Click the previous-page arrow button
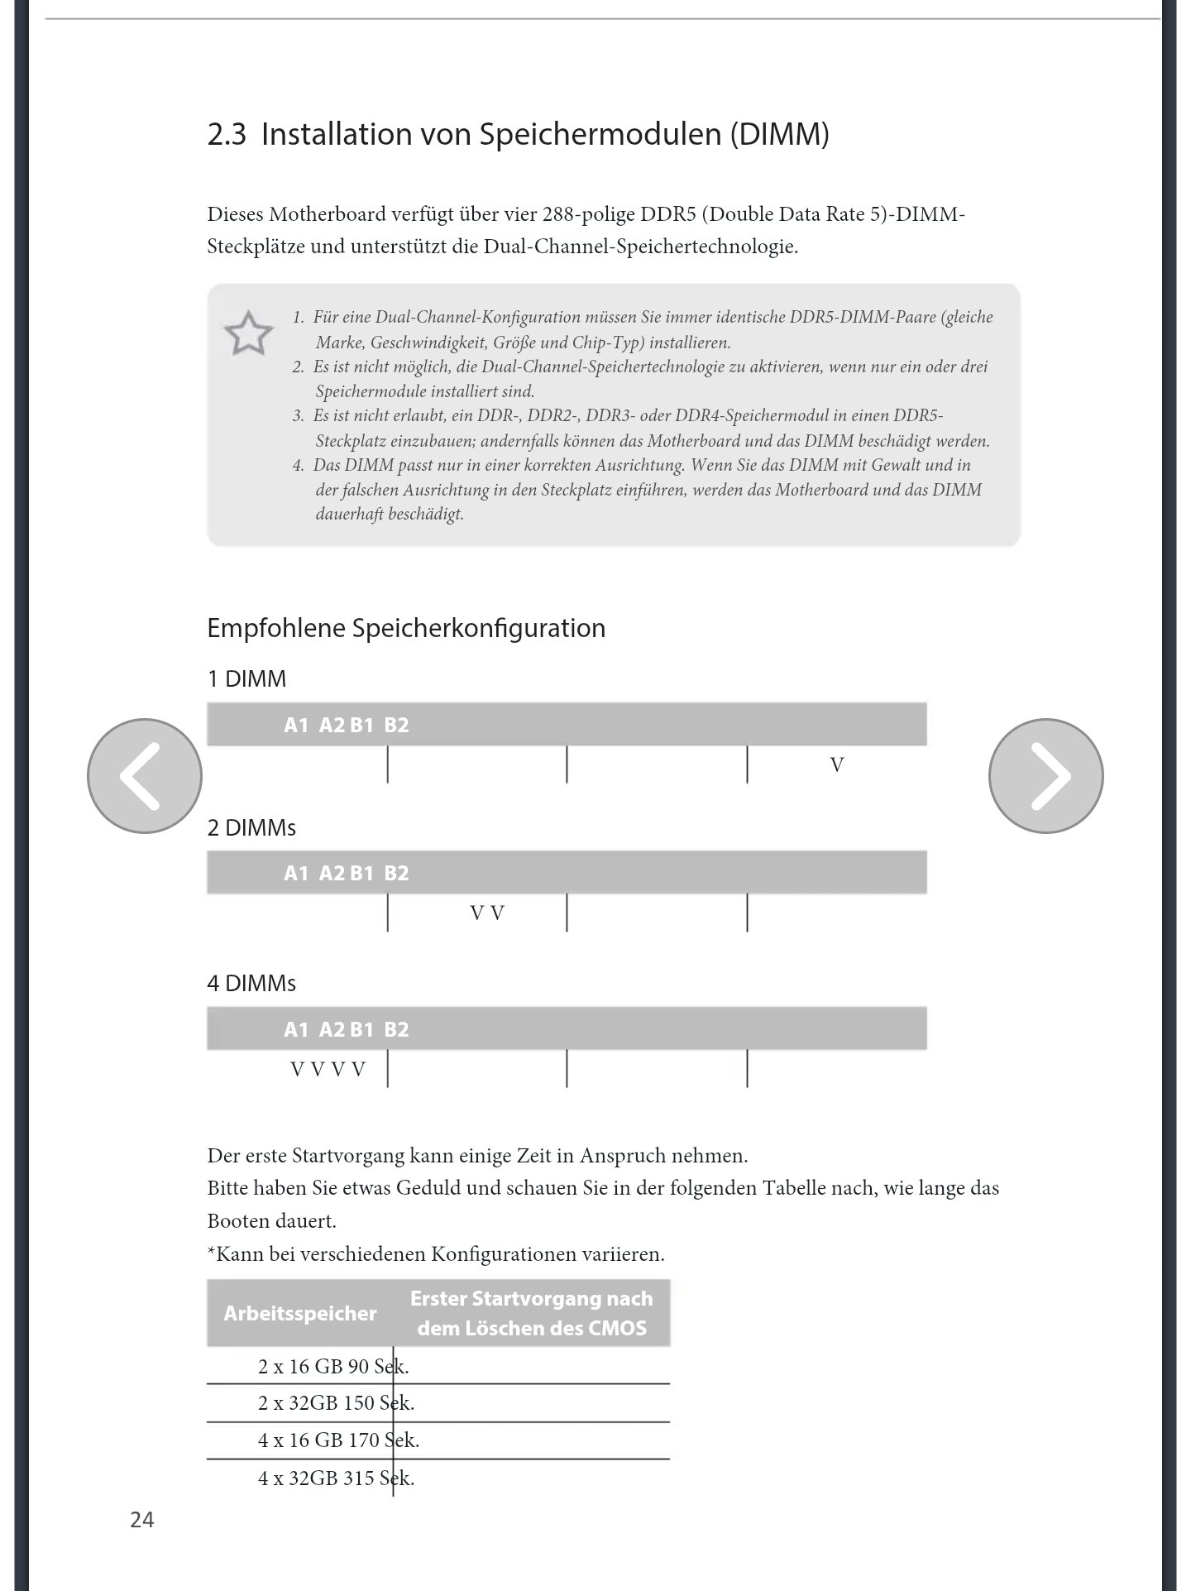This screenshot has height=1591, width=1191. tap(145, 775)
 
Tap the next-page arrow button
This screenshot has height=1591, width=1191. tap(1045, 775)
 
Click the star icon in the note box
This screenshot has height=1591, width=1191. tap(248, 333)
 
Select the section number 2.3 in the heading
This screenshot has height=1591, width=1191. tap(227, 134)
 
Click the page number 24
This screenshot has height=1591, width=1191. tap(141, 1519)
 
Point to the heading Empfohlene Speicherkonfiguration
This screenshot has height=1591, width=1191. tap(405, 628)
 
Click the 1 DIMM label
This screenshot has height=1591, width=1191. tap(246, 679)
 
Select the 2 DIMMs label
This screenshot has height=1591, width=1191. tap(251, 827)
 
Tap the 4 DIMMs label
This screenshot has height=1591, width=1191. tap(251, 983)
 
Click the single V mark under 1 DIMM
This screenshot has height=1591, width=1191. tap(837, 765)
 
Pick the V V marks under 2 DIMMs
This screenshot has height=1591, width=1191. tap(487, 913)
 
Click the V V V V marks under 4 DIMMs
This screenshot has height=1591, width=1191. tap(328, 1070)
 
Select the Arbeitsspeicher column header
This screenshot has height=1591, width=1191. tap(300, 1313)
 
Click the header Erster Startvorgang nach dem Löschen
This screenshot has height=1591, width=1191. tap(531, 1313)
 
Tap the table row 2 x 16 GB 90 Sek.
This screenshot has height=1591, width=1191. tap(333, 1366)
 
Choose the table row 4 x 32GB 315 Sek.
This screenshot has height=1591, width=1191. tap(336, 1478)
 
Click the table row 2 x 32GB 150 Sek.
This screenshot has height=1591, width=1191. tap(336, 1402)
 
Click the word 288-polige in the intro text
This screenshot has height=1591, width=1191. tap(588, 215)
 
